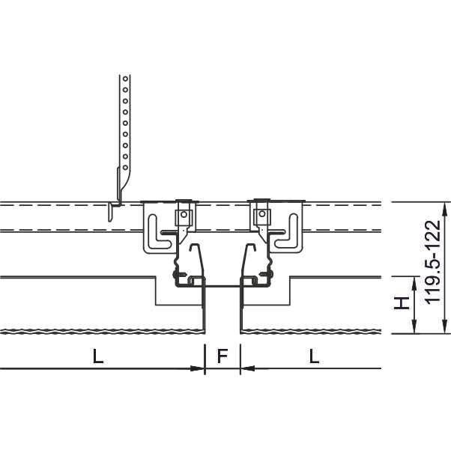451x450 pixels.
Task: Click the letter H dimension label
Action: (x=402, y=303)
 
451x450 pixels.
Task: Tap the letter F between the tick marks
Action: (x=223, y=356)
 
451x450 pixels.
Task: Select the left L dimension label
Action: (x=98, y=356)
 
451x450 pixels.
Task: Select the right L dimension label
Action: (x=314, y=356)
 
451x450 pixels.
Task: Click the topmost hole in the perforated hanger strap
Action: (x=125, y=79)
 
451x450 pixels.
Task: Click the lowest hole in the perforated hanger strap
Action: (x=125, y=168)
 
